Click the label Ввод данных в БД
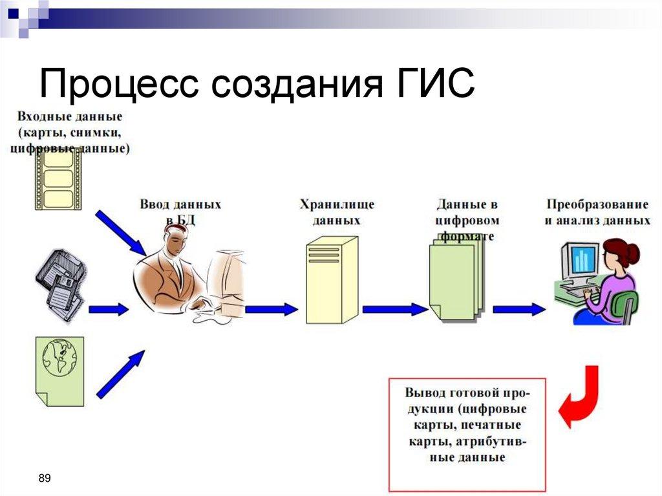[x=180, y=212]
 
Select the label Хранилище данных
[x=336, y=212]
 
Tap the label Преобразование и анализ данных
[x=596, y=212]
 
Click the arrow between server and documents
[x=394, y=309]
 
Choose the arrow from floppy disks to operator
[x=108, y=309]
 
